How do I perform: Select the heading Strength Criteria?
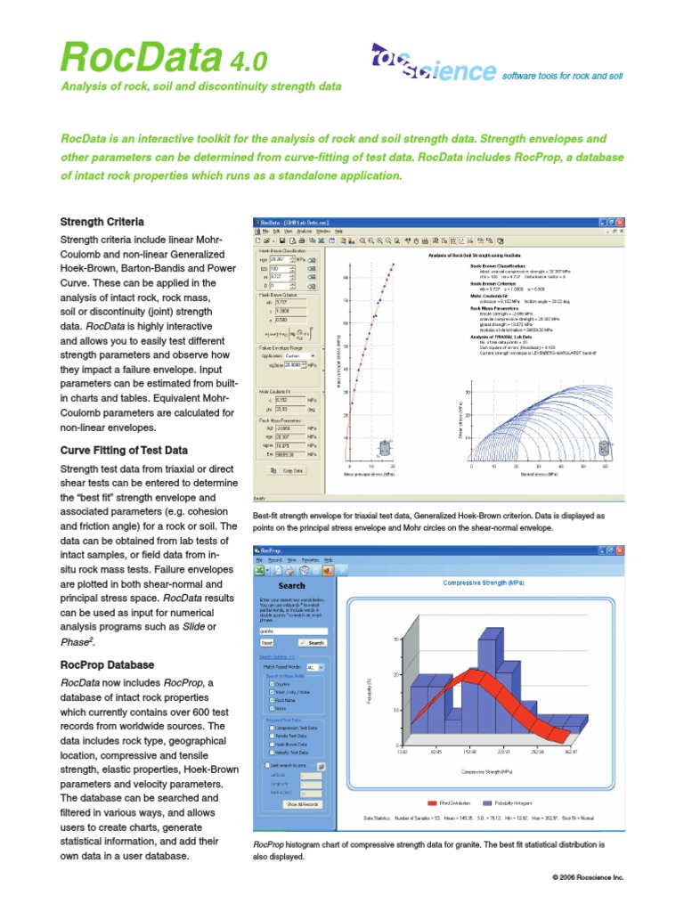102,221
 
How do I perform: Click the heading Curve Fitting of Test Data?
123,450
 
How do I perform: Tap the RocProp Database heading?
107,664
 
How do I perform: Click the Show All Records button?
302,804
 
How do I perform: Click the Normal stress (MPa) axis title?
537,476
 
